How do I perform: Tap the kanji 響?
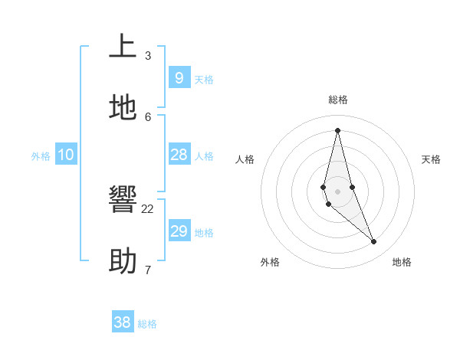pyautogui.click(x=123, y=200)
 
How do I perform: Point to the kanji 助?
pyautogui.click(x=123, y=261)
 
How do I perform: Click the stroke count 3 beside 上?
pyautogui.click(x=148, y=55)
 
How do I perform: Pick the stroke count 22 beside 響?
pyautogui.click(x=148, y=208)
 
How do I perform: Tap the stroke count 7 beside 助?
pyautogui.click(x=148, y=270)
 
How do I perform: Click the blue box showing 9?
pyautogui.click(x=179, y=78)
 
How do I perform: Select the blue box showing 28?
pyautogui.click(x=179, y=155)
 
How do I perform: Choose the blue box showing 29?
pyautogui.click(x=179, y=231)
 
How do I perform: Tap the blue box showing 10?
pyautogui.click(x=66, y=155)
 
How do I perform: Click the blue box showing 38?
pyautogui.click(x=123, y=322)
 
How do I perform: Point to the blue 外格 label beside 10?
pyautogui.click(x=41, y=156)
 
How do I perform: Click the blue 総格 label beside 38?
pyautogui.click(x=147, y=324)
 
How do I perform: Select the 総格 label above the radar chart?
pyautogui.click(x=338, y=100)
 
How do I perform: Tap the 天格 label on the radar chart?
pyautogui.click(x=431, y=159)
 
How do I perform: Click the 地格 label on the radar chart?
pyautogui.click(x=402, y=262)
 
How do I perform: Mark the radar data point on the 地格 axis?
pyautogui.click(x=374, y=242)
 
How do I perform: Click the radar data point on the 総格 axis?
pyautogui.click(x=337, y=130)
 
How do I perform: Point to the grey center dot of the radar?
pyautogui.click(x=337, y=191)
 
